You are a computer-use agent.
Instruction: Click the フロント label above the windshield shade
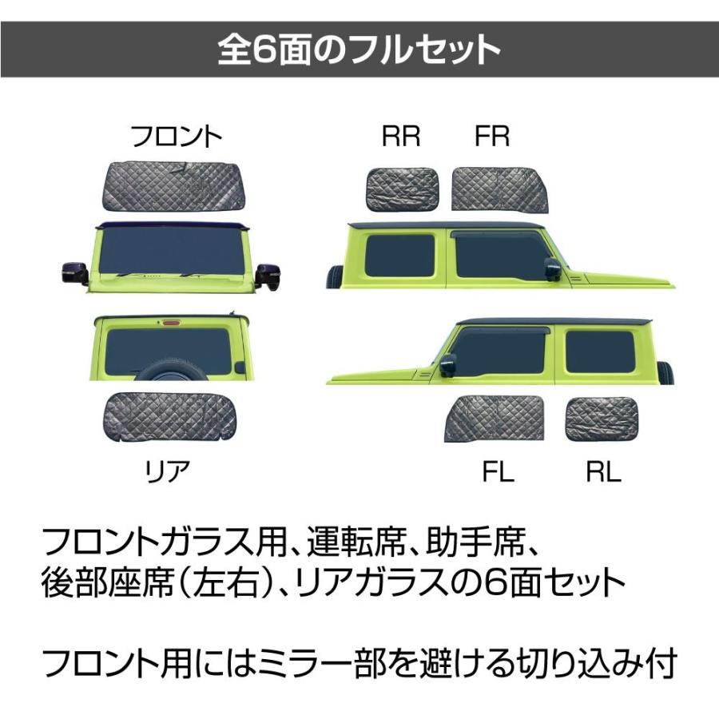[x=177, y=137]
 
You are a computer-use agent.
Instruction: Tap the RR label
[x=401, y=137]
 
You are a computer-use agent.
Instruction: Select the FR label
[x=492, y=137]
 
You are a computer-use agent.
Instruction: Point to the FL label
[x=498, y=473]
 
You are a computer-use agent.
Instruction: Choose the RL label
[x=602, y=473]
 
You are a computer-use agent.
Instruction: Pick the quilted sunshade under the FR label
[x=499, y=190]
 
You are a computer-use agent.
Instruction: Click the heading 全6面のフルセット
[x=359, y=50]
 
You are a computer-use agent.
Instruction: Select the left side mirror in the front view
[x=75, y=273]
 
